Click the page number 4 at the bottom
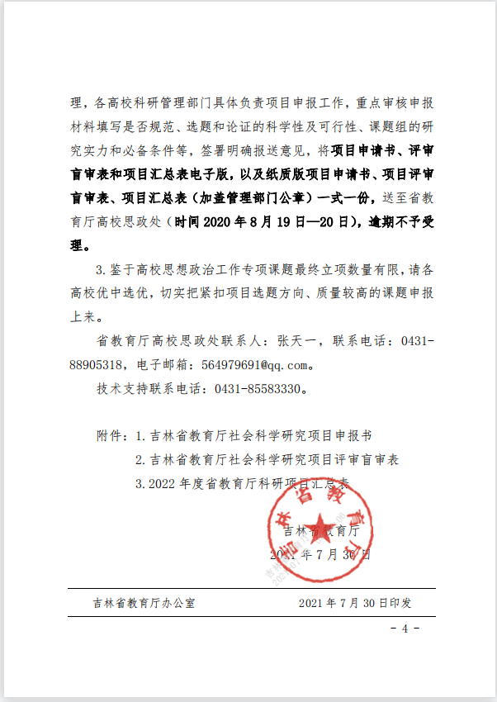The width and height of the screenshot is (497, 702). point(405,628)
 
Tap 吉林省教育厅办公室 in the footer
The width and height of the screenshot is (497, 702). point(144,602)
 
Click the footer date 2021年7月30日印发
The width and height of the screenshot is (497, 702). point(355,602)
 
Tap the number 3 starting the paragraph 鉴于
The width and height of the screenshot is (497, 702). point(100,269)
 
